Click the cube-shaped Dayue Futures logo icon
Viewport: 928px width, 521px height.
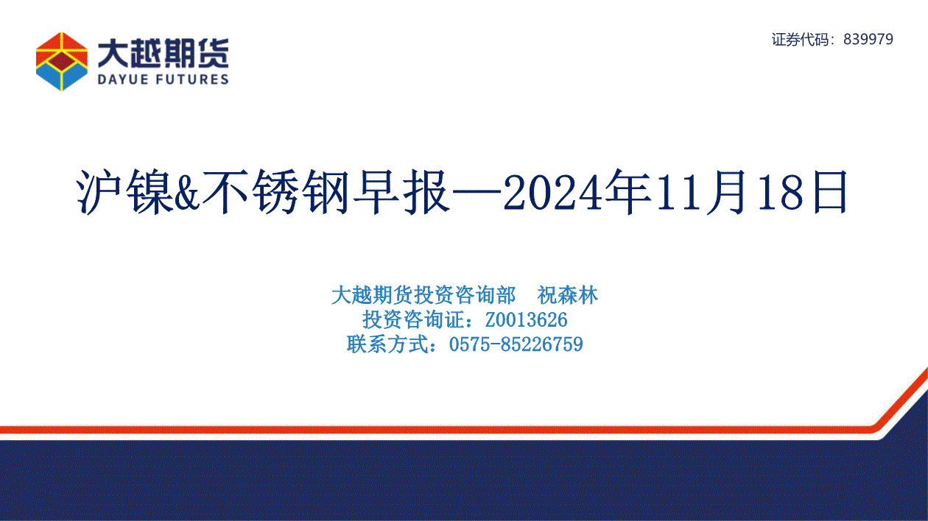click(62, 62)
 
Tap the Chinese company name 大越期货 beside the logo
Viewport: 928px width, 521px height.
click(163, 54)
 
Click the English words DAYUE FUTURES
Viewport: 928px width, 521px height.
click(163, 79)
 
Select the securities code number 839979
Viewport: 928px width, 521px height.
click(868, 39)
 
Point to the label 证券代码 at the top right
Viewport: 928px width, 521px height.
click(799, 40)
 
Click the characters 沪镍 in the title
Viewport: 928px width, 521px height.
click(124, 192)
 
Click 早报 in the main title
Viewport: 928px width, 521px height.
click(401, 192)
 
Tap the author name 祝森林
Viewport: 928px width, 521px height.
click(567, 296)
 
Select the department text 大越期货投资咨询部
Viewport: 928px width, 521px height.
click(423, 296)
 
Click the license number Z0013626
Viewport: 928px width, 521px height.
click(526, 320)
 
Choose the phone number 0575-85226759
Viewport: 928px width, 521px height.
click(516, 344)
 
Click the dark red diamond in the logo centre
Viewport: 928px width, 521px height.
click(62, 61)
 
